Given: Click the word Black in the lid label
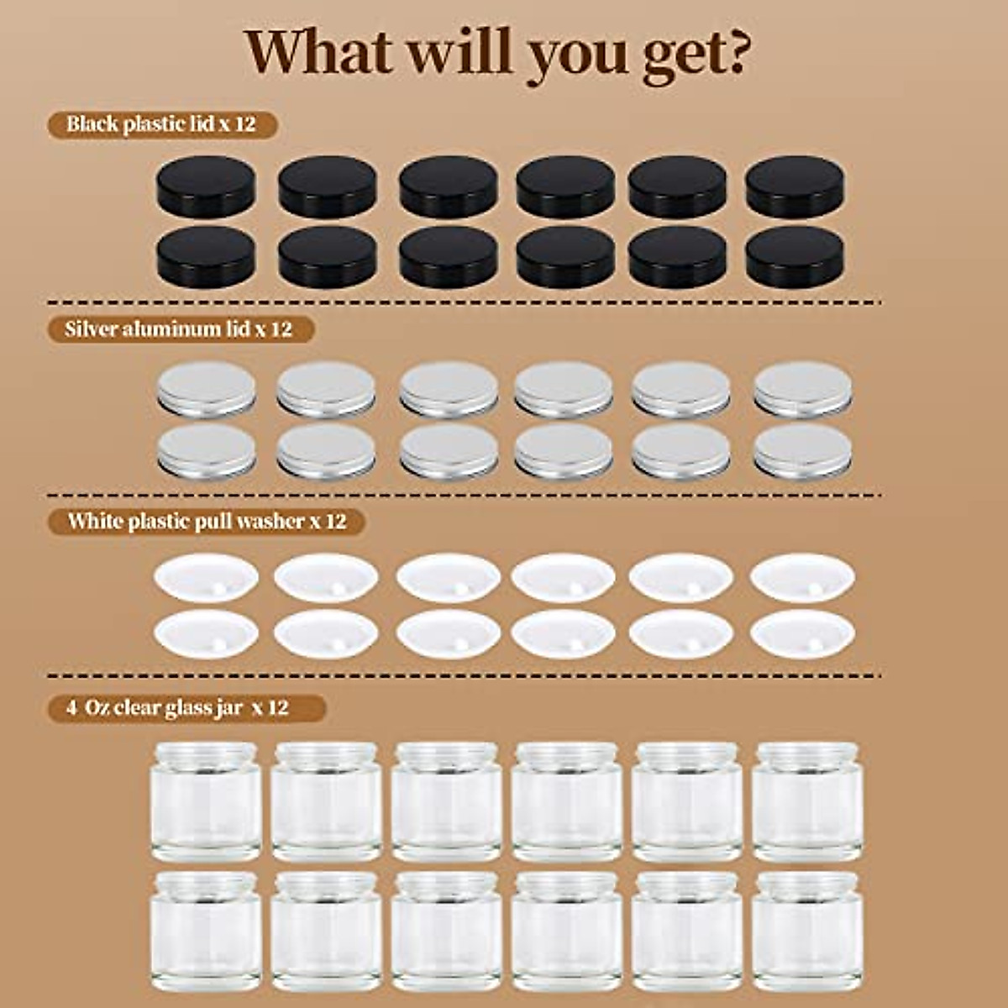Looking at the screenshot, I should click(92, 124).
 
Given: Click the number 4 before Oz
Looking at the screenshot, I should click(72, 708).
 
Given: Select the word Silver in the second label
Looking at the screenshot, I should click(91, 328).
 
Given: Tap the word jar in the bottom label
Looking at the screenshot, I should click(239, 709).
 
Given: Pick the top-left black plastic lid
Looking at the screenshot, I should click(206, 186).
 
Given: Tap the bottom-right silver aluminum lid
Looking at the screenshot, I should click(802, 450).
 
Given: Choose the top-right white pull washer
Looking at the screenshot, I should click(802, 577).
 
